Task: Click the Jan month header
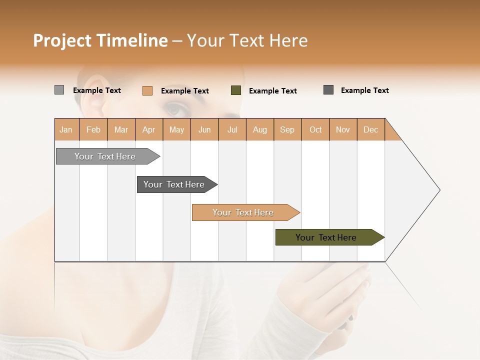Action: (66, 129)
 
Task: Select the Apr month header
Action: (148, 129)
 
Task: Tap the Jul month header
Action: (232, 129)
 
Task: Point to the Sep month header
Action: (287, 129)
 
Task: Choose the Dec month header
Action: (370, 129)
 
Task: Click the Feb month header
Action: (93, 129)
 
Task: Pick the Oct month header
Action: (315, 129)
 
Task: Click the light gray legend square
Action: (59, 90)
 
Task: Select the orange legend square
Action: (147, 90)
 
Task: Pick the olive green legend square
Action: (236, 90)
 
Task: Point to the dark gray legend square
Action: (328, 90)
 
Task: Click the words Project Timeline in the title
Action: (100, 40)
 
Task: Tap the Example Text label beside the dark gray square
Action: (364, 90)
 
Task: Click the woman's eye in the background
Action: (175, 107)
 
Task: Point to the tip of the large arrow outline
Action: (439, 190)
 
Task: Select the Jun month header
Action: (204, 129)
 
